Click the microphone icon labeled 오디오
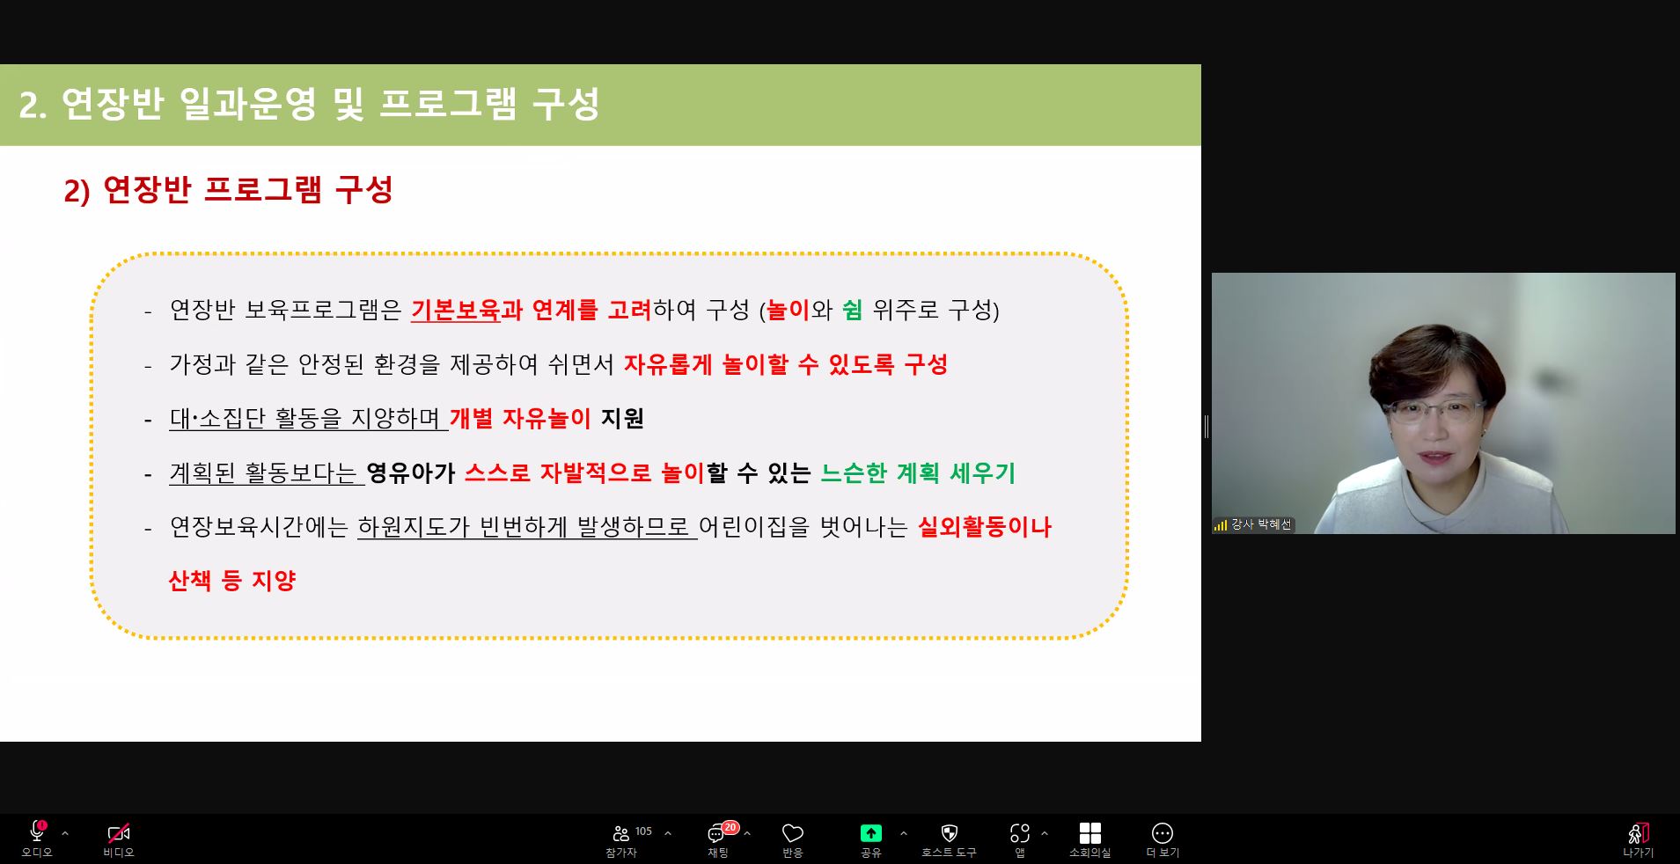tap(37, 831)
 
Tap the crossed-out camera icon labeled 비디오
tap(118, 832)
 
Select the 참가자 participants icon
tap(621, 833)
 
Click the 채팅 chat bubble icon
tap(716, 834)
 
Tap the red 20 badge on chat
tap(730, 827)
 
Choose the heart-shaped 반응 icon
tap(793, 833)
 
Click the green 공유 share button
tap(870, 832)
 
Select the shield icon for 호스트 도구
tap(949, 832)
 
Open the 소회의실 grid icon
tap(1089, 832)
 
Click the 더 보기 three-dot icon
tap(1163, 832)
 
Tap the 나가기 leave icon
tap(1639, 832)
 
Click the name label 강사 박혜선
tap(1261, 524)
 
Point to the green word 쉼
tap(852, 310)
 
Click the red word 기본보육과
tap(466, 310)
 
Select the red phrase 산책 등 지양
tap(231, 581)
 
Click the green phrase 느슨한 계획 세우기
tap(918, 473)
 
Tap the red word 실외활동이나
tap(985, 527)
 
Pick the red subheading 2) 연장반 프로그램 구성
tap(228, 190)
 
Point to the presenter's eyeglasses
tap(1433, 412)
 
